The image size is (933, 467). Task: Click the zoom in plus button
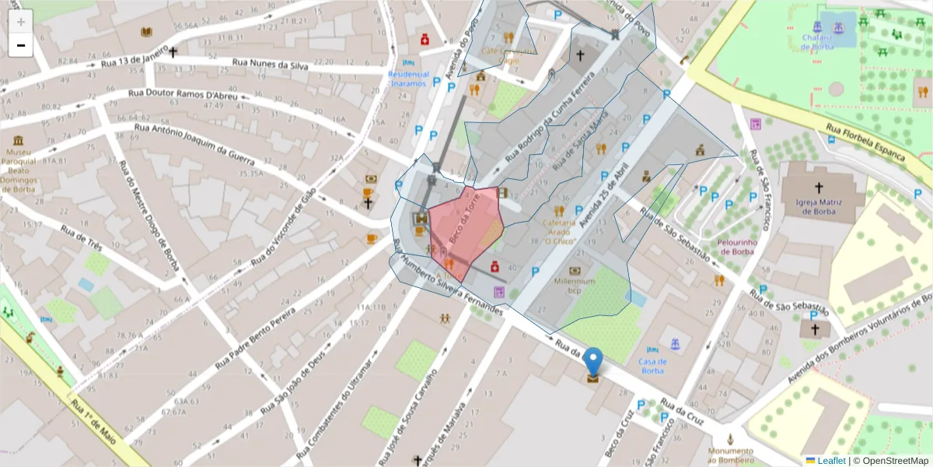coord(20,22)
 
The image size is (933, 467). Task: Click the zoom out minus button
coord(20,45)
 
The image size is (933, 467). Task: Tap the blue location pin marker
coord(593,363)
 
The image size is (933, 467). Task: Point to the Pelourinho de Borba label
coord(735,246)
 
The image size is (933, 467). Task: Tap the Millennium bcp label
coord(575,285)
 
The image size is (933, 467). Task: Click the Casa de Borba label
coord(652,365)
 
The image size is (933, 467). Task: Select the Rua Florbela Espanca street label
coord(865,142)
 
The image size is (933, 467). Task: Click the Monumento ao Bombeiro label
coord(730,455)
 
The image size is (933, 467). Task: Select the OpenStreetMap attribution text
coord(895,460)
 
